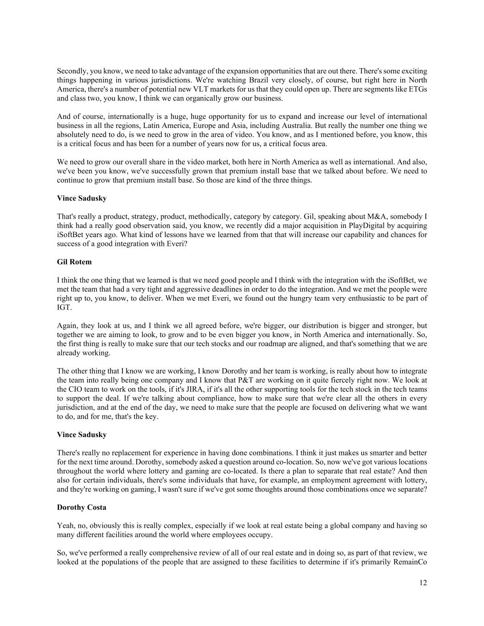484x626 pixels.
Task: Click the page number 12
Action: click(423, 583)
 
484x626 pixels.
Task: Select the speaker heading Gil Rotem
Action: click(74, 262)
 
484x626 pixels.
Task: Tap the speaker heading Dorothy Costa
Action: click(82, 507)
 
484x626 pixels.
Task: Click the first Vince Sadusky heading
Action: click(82, 198)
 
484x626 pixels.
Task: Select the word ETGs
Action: click(417, 89)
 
